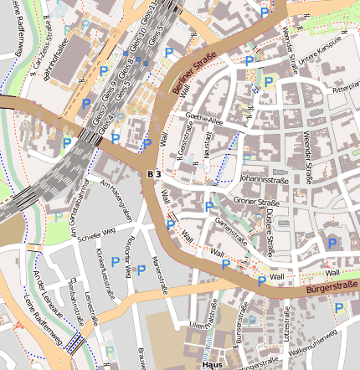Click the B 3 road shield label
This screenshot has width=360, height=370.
coord(152,172)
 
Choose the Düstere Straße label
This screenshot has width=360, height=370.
coord(270,229)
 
